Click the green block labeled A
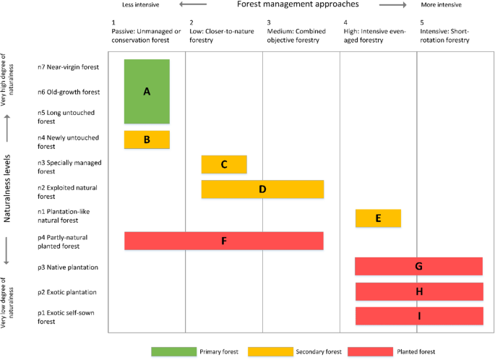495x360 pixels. pos(147,91)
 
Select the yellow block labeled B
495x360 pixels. pos(147,140)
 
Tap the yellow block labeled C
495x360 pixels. pos(224,164)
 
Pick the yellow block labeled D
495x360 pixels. pos(262,189)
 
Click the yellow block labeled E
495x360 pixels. pos(378,218)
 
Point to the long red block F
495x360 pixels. pos(223,241)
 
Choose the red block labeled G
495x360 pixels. pos(418,266)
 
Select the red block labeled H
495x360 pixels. pos(419,291)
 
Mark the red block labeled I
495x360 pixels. pos(419,316)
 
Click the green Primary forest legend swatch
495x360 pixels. pos(173,351)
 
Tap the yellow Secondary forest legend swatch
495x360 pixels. pos(269,351)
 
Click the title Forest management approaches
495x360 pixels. pos(297,5)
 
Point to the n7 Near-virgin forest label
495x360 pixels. pos(68,67)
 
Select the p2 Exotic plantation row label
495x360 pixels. pos(68,292)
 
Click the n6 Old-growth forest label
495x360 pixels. pos(68,92)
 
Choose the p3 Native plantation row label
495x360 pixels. pos(68,267)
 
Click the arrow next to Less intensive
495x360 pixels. pos(195,4)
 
